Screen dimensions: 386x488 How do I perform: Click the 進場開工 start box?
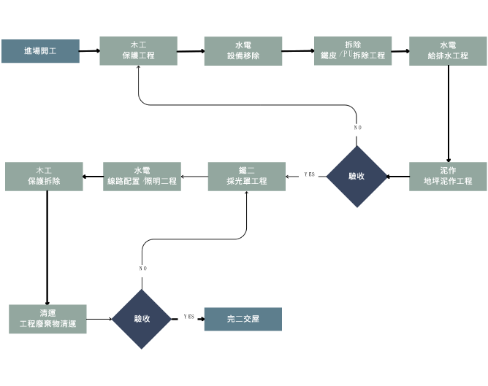click(x=40, y=51)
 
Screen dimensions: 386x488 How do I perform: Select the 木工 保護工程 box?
click(x=138, y=51)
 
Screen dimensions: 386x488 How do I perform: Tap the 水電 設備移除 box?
click(x=243, y=51)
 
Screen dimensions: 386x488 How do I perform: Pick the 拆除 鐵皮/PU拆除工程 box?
click(x=353, y=51)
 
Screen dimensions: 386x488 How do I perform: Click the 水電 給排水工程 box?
click(x=448, y=51)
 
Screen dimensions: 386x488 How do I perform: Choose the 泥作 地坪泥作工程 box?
click(x=448, y=176)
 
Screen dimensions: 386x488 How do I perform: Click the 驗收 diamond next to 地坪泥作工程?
click(x=357, y=176)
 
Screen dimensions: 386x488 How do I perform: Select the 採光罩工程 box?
click(x=246, y=177)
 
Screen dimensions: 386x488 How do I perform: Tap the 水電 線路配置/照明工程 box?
click(x=142, y=177)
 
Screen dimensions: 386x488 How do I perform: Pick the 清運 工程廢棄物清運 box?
click(x=47, y=319)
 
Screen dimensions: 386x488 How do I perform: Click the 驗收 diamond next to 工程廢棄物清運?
click(x=142, y=319)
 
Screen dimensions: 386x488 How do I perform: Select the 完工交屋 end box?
click(x=243, y=319)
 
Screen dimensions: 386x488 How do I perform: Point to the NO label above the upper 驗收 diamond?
click(x=357, y=128)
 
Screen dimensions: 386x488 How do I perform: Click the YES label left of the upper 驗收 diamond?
click(x=310, y=174)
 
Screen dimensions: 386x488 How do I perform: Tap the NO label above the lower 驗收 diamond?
click(x=142, y=269)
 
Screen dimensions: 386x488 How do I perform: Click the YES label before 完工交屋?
click(x=188, y=316)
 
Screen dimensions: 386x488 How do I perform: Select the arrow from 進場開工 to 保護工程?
click(x=89, y=51)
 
